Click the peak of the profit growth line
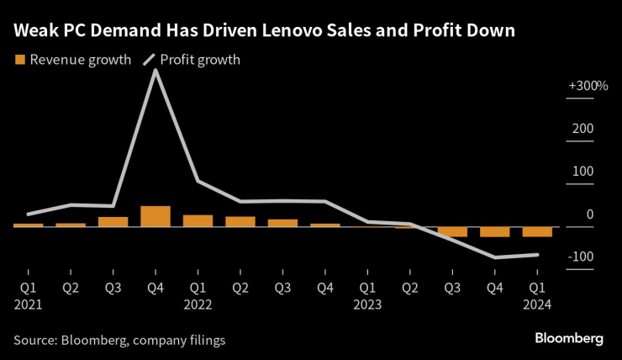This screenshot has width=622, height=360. coord(155,70)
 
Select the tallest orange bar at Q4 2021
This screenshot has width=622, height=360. coord(155,216)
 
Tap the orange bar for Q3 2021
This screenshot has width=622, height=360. coord(113,221)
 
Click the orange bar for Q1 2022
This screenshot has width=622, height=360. coord(198,220)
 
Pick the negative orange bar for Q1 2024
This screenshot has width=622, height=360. coord(537,231)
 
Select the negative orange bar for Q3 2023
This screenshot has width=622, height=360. coord(452,231)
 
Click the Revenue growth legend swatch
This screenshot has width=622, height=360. coord(19,60)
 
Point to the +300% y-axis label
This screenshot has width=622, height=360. coord(588,86)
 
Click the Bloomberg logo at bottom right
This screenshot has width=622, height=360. coord(569,338)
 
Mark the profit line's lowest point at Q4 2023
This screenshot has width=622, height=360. coord(495,257)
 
